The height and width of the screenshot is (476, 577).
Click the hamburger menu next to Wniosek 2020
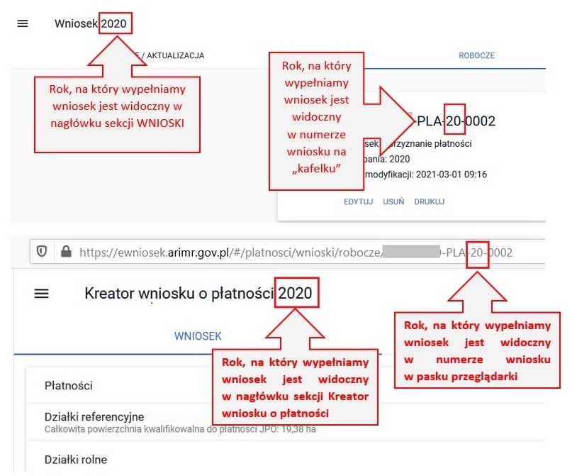[23, 23]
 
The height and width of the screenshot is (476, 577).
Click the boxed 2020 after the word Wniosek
[113, 24]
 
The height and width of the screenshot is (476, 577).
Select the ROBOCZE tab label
[476, 55]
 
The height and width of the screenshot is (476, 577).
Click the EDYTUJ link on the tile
[358, 201]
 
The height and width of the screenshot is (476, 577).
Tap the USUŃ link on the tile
[393, 201]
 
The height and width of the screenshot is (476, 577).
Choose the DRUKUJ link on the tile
[430, 201]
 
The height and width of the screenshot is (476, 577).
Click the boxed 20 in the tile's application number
[454, 121]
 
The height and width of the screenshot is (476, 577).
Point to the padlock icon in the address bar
[67, 252]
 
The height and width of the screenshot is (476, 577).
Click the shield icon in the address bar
[42, 252]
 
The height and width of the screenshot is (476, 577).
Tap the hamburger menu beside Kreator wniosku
[42, 293]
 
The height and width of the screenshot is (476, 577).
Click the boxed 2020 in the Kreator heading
[298, 293]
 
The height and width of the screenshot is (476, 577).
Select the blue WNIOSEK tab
[198, 336]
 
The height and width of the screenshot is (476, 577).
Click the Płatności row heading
[69, 385]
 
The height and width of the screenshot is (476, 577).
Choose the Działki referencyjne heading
[94, 417]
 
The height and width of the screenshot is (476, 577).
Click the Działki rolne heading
[76, 460]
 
